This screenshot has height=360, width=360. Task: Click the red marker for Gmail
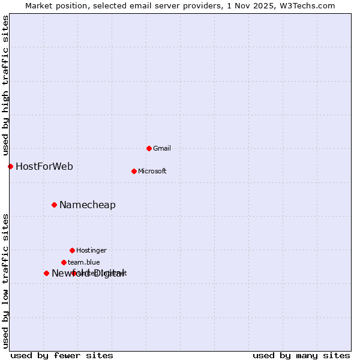[149, 148]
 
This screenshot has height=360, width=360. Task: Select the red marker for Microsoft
[134, 171]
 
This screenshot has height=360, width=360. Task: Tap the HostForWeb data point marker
[10, 166]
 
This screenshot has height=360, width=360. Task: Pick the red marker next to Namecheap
[54, 205]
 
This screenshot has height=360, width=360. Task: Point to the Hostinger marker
[72, 250]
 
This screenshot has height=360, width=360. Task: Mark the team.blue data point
[64, 262]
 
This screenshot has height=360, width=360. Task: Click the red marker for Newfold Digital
[46, 273]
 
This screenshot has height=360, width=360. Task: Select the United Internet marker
[74, 273]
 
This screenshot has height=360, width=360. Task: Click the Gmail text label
[162, 148]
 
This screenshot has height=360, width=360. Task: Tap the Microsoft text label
[152, 171]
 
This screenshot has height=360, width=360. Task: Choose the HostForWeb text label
[44, 166]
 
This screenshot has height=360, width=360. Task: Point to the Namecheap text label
[88, 205]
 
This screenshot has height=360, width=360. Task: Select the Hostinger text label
[91, 250]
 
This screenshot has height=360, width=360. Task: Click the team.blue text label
[84, 262]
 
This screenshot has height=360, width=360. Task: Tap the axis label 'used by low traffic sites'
[6, 281]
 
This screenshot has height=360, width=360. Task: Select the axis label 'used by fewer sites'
[62, 356]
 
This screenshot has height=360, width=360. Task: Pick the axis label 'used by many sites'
[301, 356]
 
